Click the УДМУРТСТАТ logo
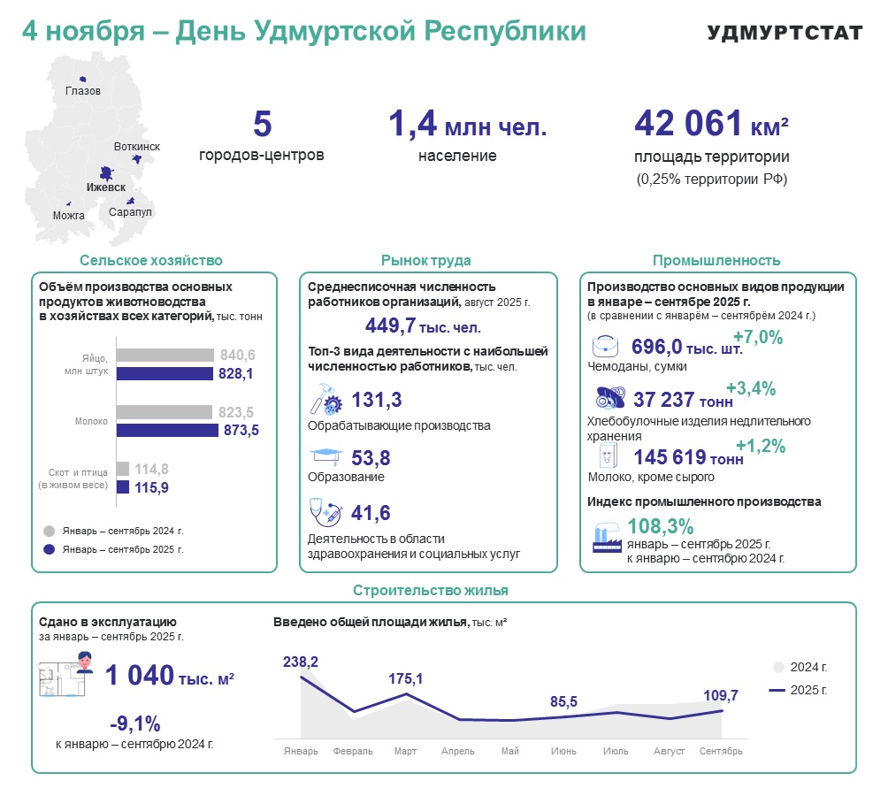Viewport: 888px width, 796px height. click(785, 33)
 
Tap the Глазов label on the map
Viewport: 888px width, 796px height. click(83, 91)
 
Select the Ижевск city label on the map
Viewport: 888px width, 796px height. click(105, 188)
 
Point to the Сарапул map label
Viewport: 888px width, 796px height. click(131, 212)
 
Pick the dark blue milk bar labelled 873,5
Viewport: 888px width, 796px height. click(167, 430)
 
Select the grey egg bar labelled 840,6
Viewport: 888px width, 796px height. click(165, 355)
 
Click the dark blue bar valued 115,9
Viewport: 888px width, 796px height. click(123, 487)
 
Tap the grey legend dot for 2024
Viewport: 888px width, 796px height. click(50, 531)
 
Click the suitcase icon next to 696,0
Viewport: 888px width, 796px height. click(606, 346)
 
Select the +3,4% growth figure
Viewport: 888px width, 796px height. click(750, 388)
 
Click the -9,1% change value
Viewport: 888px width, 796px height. click(134, 723)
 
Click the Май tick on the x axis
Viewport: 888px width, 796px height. click(509, 751)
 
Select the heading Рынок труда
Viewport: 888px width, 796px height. click(425, 260)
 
